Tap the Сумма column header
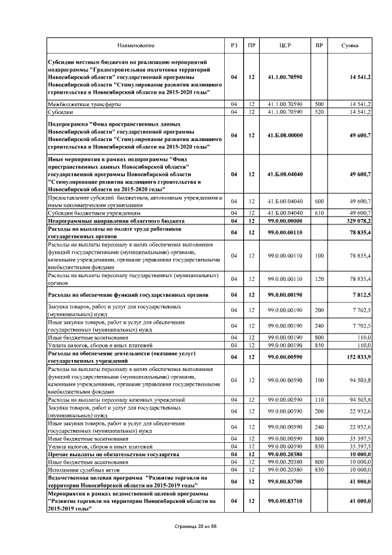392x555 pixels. click(350, 46)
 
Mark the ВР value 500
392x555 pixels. click(319, 105)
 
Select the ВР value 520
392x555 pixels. click(319, 112)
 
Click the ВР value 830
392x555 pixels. click(319, 469)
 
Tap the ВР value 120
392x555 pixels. click(319, 278)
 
